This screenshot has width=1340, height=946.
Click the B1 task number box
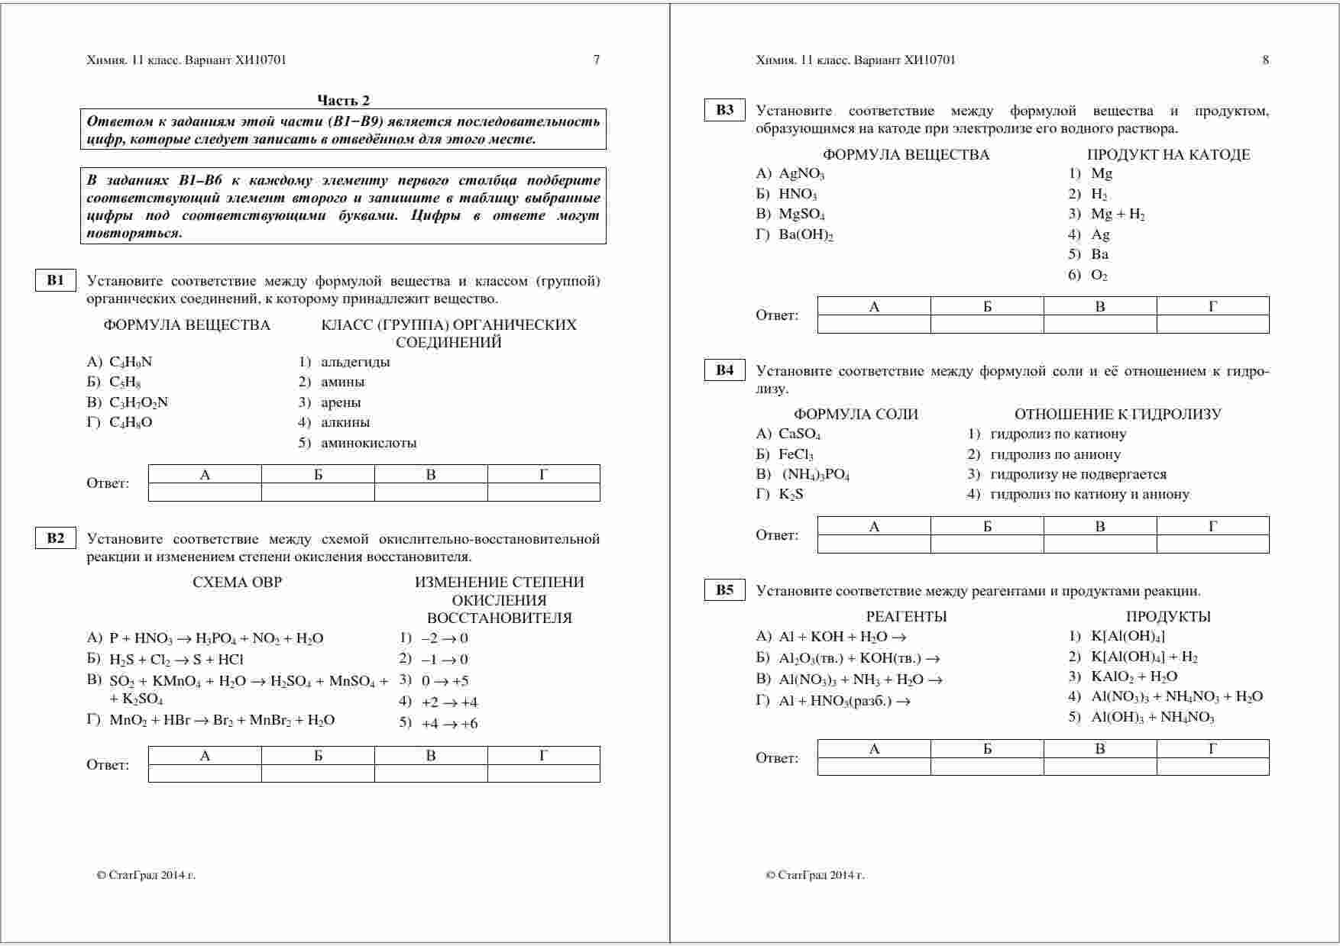(x=56, y=280)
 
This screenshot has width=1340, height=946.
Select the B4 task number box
(x=724, y=370)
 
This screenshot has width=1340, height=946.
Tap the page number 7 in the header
(x=597, y=60)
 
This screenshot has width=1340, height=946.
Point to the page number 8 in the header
(x=1265, y=60)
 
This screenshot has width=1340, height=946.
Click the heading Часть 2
(x=343, y=100)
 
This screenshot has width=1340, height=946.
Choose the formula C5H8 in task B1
(x=125, y=382)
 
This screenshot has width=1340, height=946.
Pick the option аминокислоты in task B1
(x=368, y=443)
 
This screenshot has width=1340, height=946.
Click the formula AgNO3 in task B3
(x=801, y=174)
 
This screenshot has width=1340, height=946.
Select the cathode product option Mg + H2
(x=1118, y=215)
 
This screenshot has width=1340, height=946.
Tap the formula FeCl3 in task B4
(x=795, y=455)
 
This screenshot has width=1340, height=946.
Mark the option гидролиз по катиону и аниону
(x=1089, y=494)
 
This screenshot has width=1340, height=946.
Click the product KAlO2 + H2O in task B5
(x=1134, y=676)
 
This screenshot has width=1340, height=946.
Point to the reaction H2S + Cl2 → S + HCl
(x=176, y=660)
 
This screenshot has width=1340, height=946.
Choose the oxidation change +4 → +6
(x=449, y=724)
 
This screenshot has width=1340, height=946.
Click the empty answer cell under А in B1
(x=205, y=492)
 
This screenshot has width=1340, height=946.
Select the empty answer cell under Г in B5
(x=1212, y=767)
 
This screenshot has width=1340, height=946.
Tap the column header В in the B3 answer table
(x=1100, y=307)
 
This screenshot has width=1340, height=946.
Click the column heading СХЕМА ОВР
(x=238, y=583)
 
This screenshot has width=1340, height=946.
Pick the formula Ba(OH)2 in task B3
(x=806, y=235)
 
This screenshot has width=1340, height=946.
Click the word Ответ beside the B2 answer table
(x=108, y=765)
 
